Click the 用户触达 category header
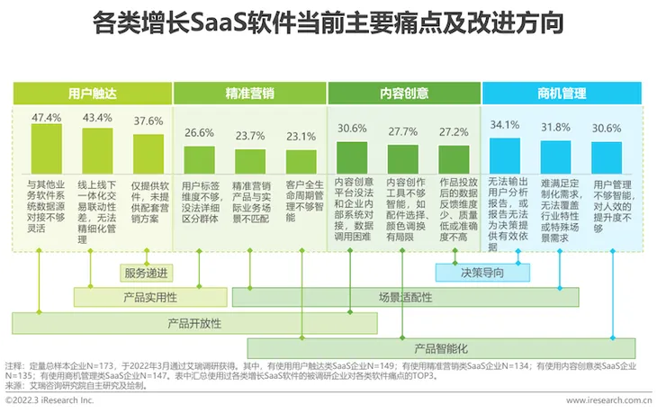[91, 92]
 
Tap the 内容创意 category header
[403, 92]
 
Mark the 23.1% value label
[301, 136]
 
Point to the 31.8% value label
[556, 128]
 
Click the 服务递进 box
[148, 271]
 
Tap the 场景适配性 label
[405, 296]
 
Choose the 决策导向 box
[482, 271]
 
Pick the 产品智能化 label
[441, 347]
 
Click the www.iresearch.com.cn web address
[608, 399]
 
